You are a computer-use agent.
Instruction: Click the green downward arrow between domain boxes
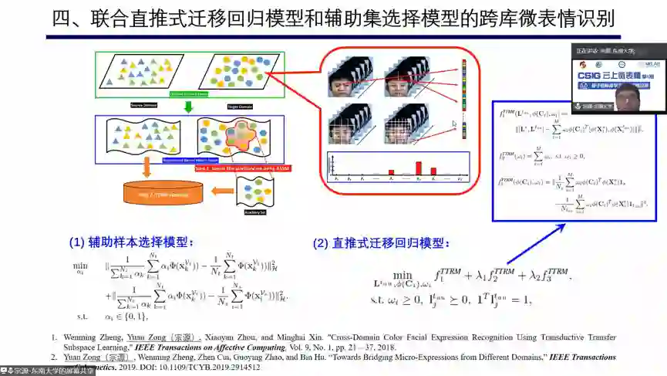point(188,107)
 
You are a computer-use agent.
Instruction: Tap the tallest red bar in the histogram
point(418,168)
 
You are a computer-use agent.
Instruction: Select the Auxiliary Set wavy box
point(254,193)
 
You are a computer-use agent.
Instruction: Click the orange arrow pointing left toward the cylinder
point(227,189)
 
